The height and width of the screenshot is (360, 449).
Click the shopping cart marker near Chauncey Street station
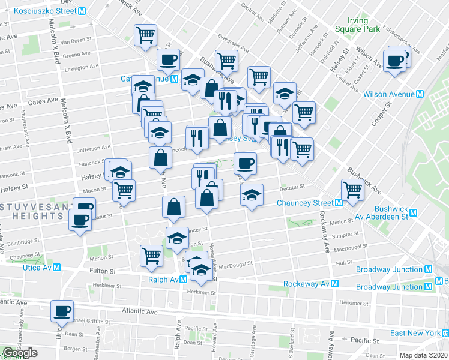(352, 190)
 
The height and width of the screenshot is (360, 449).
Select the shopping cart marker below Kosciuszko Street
(145, 35)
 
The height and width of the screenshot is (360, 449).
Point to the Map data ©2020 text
(424, 355)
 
